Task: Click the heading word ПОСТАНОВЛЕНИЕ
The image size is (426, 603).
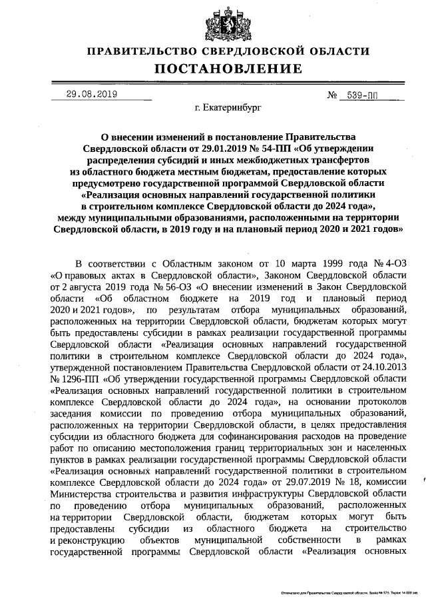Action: [x=229, y=69]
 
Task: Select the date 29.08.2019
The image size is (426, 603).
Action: [x=92, y=94]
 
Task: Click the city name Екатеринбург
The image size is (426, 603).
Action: [x=228, y=107]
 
